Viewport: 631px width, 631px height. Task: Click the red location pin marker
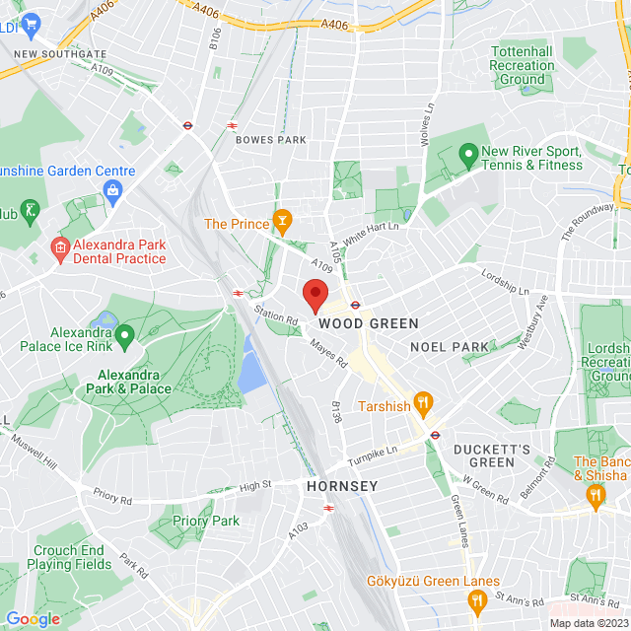click(315, 295)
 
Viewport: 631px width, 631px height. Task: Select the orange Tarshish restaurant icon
click(424, 401)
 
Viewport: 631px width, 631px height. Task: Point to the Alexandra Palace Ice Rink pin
click(124, 338)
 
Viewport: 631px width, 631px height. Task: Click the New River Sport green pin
click(467, 154)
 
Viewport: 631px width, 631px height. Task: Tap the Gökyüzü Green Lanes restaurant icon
click(477, 599)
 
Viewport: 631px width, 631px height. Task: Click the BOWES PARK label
click(271, 140)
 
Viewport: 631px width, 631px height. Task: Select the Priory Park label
click(206, 521)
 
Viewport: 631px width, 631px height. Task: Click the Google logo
click(33, 619)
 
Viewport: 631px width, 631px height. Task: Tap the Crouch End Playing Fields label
click(72, 558)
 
